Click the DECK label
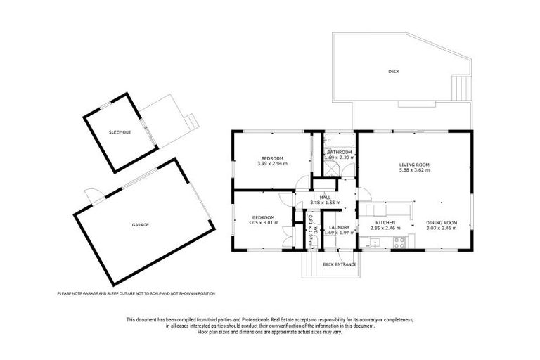[x=393, y=72]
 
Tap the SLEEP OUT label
[x=120, y=132]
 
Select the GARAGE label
[x=140, y=224]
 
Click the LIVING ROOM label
[x=414, y=165]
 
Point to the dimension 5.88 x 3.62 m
[x=414, y=170]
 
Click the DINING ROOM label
[x=442, y=223]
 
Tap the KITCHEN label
[x=385, y=223]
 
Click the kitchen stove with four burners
[x=399, y=243]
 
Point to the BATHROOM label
[x=339, y=152]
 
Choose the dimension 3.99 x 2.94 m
[x=272, y=163]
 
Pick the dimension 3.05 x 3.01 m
[x=263, y=223]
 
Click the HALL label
[x=326, y=198]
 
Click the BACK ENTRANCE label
[x=339, y=264]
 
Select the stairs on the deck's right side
[x=461, y=87]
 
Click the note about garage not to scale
[x=136, y=293]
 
